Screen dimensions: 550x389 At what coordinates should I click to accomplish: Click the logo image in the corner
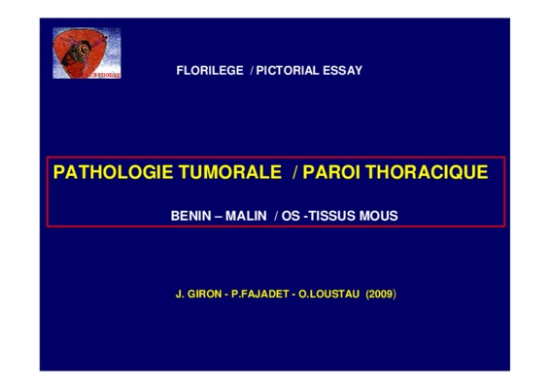click(86, 53)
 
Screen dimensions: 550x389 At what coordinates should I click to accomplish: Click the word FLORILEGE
click(210, 71)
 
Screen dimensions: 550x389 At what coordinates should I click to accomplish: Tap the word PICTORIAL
click(288, 71)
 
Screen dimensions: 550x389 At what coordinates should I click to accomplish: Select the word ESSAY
click(343, 71)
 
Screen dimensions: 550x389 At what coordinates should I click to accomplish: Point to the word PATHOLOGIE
click(113, 172)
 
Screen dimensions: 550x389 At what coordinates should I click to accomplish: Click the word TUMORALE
click(230, 172)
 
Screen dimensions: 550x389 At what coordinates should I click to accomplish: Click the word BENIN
click(190, 216)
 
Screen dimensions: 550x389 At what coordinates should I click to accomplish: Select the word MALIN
click(246, 216)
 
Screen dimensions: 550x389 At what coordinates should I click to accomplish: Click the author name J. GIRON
click(198, 294)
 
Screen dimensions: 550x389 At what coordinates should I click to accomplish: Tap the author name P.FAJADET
click(260, 294)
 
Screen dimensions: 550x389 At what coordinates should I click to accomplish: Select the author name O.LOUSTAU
click(329, 294)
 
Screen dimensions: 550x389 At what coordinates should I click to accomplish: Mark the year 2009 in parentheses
click(381, 294)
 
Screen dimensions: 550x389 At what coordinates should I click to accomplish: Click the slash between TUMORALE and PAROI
click(295, 172)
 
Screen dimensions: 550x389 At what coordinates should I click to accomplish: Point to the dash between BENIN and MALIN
click(219, 216)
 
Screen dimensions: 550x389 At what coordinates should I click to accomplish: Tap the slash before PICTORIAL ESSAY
click(252, 71)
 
